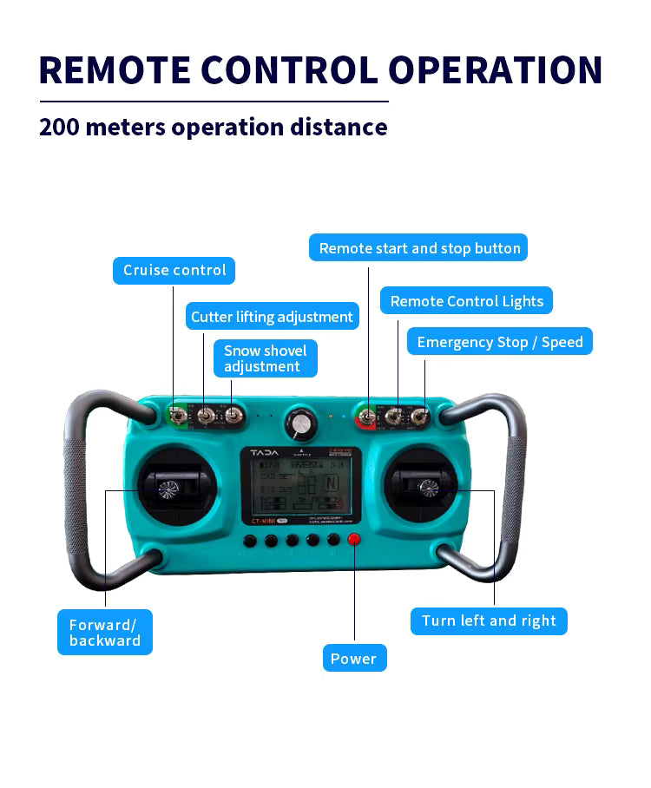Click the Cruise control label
(174, 270)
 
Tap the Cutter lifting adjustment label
(272, 317)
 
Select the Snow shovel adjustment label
(266, 358)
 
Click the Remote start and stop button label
(419, 248)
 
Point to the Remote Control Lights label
(466, 301)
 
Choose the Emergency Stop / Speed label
(499, 342)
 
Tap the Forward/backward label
(105, 633)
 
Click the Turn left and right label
(489, 621)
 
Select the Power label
(353, 659)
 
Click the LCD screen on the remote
(300, 489)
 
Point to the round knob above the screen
(301, 423)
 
